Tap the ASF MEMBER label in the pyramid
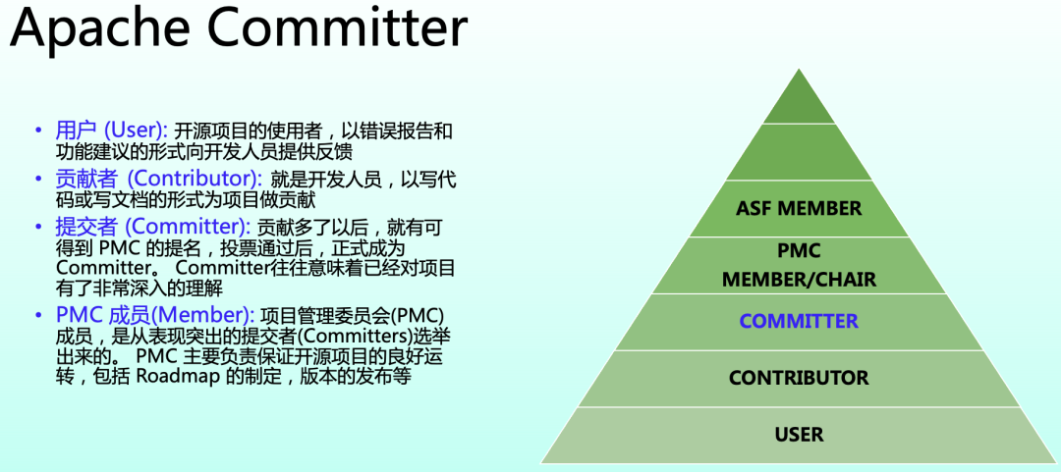point(799,209)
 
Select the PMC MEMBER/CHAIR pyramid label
point(799,266)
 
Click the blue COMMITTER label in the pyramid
point(799,322)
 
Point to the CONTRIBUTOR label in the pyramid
point(799,379)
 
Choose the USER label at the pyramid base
point(799,435)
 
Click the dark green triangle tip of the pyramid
point(799,102)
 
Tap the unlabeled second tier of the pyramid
point(799,153)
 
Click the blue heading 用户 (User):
point(112,131)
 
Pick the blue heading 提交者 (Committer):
point(153,227)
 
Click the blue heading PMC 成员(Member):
point(155,315)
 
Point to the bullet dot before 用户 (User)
point(38,131)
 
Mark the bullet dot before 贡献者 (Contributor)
point(38,179)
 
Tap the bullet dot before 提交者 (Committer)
point(38,227)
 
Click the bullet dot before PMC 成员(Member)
point(38,315)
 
